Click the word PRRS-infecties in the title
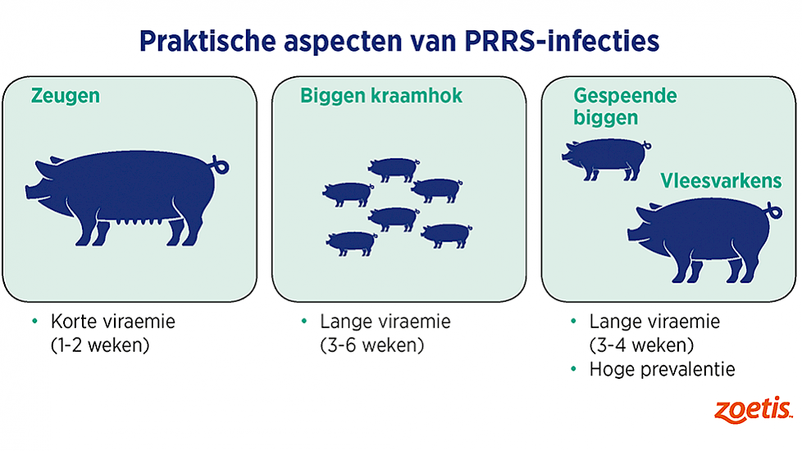click(x=562, y=42)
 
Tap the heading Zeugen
click(x=66, y=96)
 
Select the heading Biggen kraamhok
click(x=381, y=96)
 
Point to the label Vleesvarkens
click(x=721, y=180)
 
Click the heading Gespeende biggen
click(x=625, y=107)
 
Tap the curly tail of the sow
click(x=221, y=165)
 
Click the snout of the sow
click(x=30, y=192)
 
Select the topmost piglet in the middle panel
click(x=394, y=169)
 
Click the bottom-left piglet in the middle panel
click(x=351, y=244)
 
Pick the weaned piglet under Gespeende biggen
click(x=606, y=159)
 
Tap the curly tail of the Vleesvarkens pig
click(x=775, y=210)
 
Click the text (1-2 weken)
click(x=100, y=346)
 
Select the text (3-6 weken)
click(x=371, y=346)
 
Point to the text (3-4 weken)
click(x=641, y=346)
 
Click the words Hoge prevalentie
click(x=662, y=369)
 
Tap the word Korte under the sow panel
click(x=75, y=321)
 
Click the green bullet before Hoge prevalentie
click(x=573, y=369)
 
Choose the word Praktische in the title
click(x=207, y=42)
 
